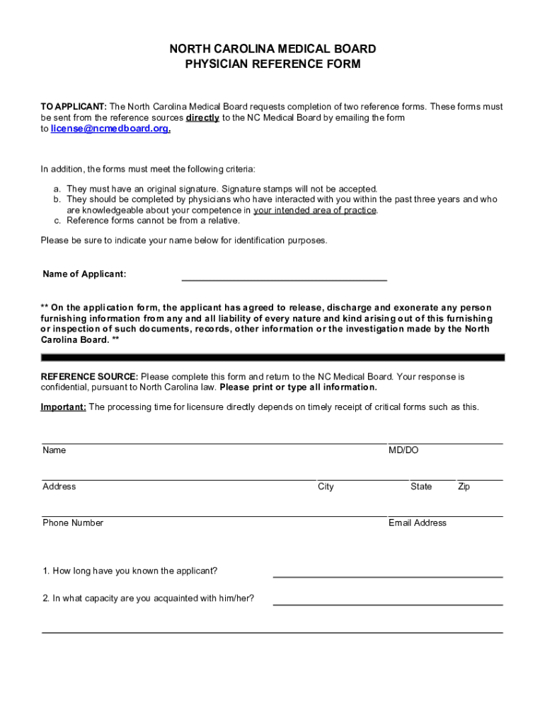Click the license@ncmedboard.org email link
[x=110, y=129]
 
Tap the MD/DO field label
[x=403, y=450]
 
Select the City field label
[x=326, y=486]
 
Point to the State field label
[x=421, y=486]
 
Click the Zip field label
[x=464, y=486]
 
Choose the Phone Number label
[x=73, y=522]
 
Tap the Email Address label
[x=418, y=522]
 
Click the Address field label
[x=59, y=486]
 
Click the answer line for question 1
[x=388, y=576]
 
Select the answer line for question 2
[x=388, y=604]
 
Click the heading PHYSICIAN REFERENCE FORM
[x=272, y=64]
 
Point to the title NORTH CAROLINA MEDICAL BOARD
[x=272, y=49]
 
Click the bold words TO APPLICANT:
[x=74, y=107]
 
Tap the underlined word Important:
[x=64, y=407]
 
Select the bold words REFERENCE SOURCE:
[x=89, y=377]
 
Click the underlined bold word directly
[x=202, y=118]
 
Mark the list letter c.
[x=57, y=221]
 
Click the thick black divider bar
[x=272, y=358]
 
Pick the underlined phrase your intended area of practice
[x=315, y=210]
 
